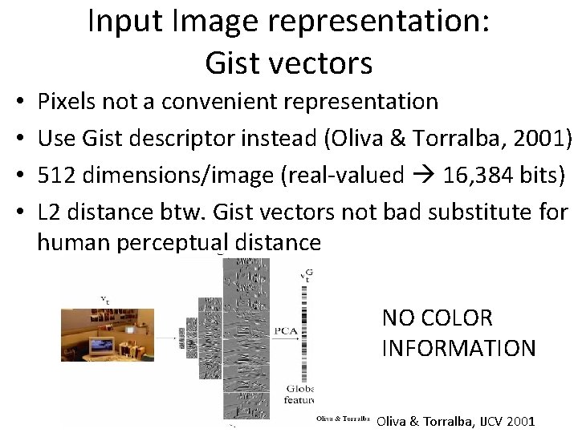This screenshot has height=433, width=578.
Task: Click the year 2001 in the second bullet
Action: click(x=537, y=138)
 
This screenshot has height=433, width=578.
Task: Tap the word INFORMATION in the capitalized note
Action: click(x=458, y=348)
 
